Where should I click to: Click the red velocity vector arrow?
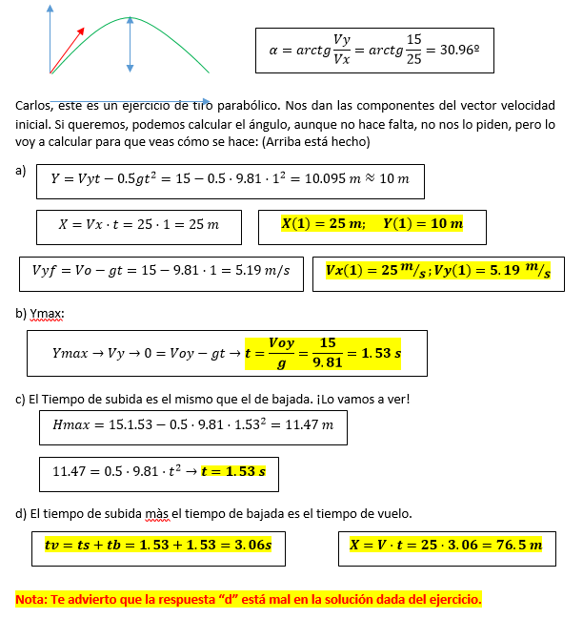click(67, 50)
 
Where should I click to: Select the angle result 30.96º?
click(455, 51)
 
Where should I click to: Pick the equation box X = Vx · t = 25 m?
click(139, 225)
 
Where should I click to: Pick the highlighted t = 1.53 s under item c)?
click(233, 471)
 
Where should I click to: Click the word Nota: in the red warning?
click(32, 600)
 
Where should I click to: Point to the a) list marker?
click(22, 171)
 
